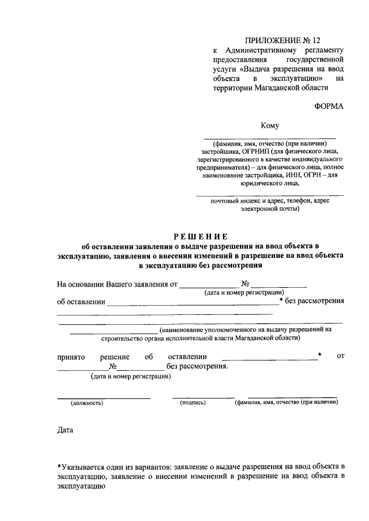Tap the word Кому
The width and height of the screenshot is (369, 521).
coord(270,126)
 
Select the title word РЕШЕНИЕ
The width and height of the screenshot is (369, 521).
coord(201,237)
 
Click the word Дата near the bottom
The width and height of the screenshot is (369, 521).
coord(66,430)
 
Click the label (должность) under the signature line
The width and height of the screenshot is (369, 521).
coord(86,403)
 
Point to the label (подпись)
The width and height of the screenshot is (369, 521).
coord(193,403)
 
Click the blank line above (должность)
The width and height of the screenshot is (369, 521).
coord(103,397)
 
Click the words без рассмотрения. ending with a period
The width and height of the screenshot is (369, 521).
coord(197,367)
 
